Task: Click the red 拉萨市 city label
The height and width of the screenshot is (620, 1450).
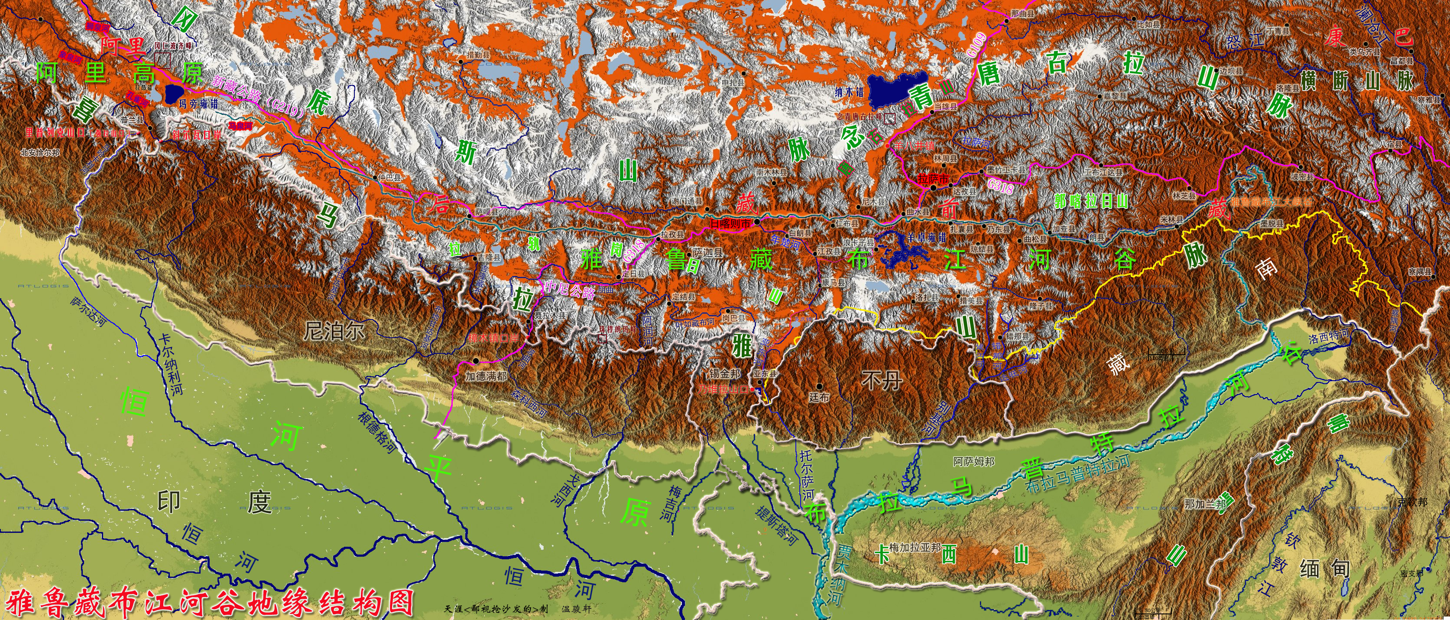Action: coord(933,179)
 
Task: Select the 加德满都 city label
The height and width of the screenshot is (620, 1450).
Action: coord(485,375)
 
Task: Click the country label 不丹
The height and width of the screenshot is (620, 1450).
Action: coord(882,381)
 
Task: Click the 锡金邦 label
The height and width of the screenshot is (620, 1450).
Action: coord(725,373)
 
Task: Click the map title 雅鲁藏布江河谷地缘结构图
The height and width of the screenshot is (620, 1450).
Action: coord(211,603)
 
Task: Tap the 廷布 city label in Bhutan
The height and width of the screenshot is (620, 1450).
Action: coord(819,398)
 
